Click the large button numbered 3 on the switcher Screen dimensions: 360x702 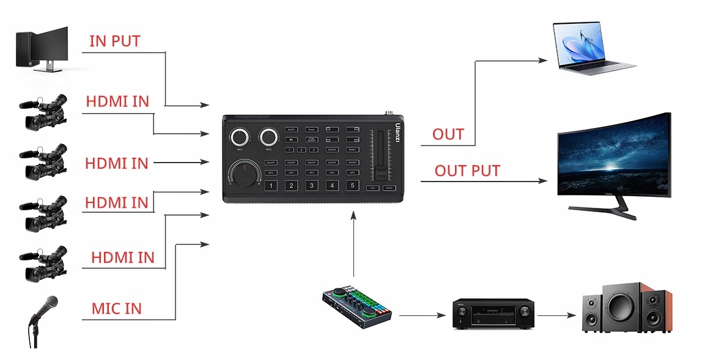coord(311,186)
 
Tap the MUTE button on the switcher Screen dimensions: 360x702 coord(291,130)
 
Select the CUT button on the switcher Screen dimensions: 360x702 coord(372,188)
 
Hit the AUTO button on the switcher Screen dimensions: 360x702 coord(389,188)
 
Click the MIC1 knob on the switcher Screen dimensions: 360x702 coord(240,137)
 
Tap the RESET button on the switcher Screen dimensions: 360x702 coord(352,149)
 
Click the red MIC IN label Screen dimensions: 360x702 coord(116,309)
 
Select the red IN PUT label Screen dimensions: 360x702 coord(115,42)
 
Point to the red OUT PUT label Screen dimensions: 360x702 coord(467,171)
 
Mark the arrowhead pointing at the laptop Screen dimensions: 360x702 coord(542,61)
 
